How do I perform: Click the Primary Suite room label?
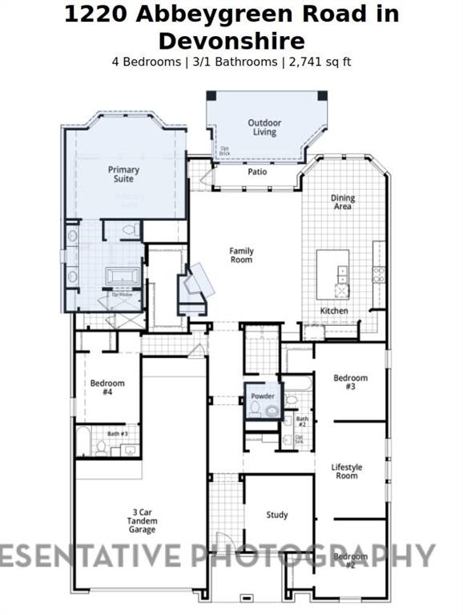coord(123,175)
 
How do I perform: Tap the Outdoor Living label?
coord(264,127)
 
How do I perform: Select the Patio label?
coord(257,171)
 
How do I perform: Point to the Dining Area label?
coord(342,203)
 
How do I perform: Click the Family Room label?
coord(241,255)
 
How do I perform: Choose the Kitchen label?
coord(334,311)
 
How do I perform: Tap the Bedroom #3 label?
coord(350,382)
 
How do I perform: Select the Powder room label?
coord(263,396)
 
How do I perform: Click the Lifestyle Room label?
coord(347,471)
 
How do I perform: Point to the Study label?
coord(277,515)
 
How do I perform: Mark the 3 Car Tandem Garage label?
coord(142,521)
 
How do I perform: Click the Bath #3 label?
coord(119,433)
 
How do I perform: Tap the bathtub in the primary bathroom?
coord(123,277)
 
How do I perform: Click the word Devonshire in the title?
coord(231,42)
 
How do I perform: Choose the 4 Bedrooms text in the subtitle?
coord(146,62)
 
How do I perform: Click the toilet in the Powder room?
coord(256,408)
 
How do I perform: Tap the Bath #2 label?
coord(302,421)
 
